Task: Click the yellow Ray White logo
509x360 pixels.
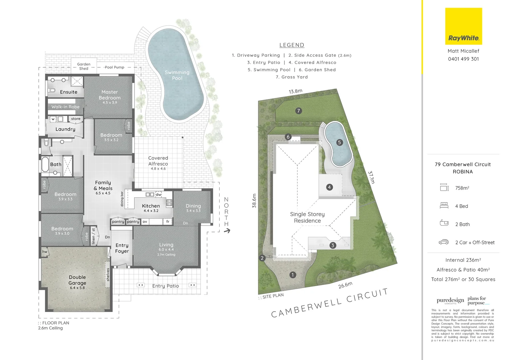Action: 463,26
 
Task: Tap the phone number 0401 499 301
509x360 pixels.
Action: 463,59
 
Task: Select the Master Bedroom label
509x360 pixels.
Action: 110,95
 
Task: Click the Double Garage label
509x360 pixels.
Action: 77,280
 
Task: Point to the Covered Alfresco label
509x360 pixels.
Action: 158,161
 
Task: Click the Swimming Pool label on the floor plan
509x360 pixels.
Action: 177,75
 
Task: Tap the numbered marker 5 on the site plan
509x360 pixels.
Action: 339,142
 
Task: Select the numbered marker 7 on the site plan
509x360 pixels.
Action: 298,111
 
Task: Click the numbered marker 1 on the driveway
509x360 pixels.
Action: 292,275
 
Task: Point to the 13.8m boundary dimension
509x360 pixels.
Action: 295,91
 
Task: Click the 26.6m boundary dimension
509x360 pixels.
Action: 345,285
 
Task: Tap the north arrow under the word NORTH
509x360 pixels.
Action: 227,231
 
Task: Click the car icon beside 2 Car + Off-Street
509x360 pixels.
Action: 444,242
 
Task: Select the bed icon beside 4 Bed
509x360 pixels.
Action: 444,206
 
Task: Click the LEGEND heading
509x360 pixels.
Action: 291,45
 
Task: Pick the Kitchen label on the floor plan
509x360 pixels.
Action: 151,206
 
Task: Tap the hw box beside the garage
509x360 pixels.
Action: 45,252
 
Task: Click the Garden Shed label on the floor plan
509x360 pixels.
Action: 84,66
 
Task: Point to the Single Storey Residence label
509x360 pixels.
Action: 307,217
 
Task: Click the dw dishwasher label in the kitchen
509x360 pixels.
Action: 159,194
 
